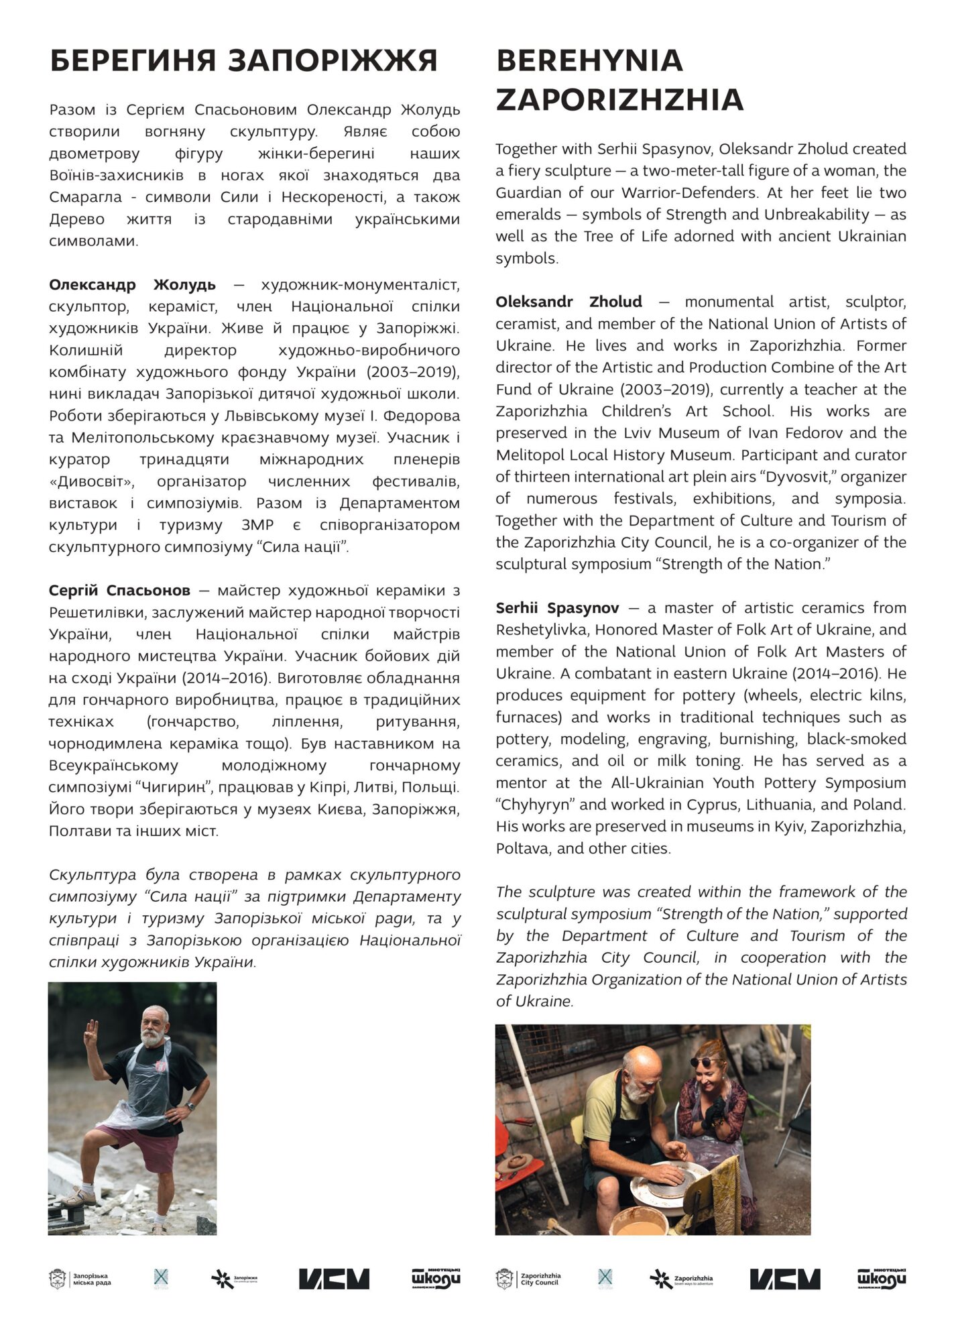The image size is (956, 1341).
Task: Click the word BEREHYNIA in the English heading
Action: [589, 60]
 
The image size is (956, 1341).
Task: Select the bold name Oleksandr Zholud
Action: [569, 302]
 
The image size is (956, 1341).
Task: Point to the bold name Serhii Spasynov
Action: [557, 608]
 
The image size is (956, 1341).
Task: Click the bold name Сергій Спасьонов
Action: [119, 591]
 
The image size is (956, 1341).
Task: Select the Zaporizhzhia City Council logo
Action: [528, 1279]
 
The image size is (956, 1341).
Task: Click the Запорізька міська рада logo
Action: [80, 1279]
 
